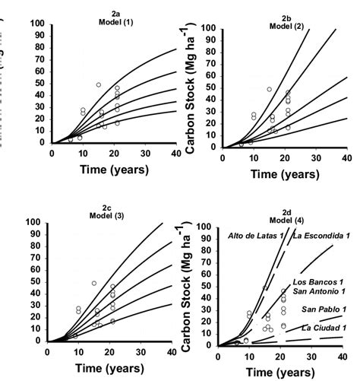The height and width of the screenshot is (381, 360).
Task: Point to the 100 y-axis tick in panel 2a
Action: pyautogui.click(x=36, y=24)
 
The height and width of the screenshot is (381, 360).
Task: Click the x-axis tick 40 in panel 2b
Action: pyautogui.click(x=346, y=157)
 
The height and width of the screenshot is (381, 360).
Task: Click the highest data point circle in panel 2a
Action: pyautogui.click(x=99, y=84)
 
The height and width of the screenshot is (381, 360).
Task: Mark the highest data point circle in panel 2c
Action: pyautogui.click(x=94, y=284)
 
